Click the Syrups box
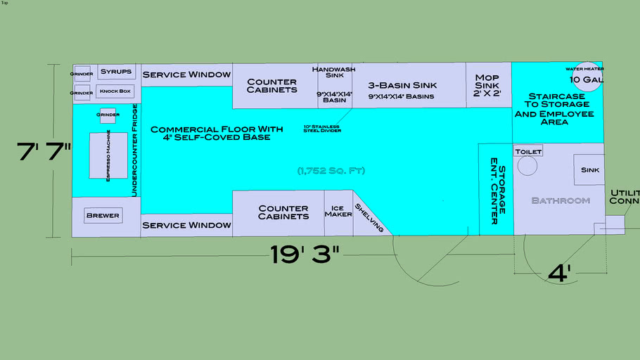[x=116, y=72]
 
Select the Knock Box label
[x=115, y=91]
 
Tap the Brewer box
[x=103, y=215]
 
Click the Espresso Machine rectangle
[x=108, y=155]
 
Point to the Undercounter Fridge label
[x=134, y=150]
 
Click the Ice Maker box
[x=338, y=212]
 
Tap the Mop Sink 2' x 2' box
[x=487, y=84]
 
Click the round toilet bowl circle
[x=527, y=166]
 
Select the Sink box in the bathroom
[x=589, y=170]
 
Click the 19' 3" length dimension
[x=305, y=255]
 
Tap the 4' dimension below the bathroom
[x=559, y=272]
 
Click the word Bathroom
[x=560, y=201]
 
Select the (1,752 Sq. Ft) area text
[x=331, y=171]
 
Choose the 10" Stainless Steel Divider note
[x=321, y=129]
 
